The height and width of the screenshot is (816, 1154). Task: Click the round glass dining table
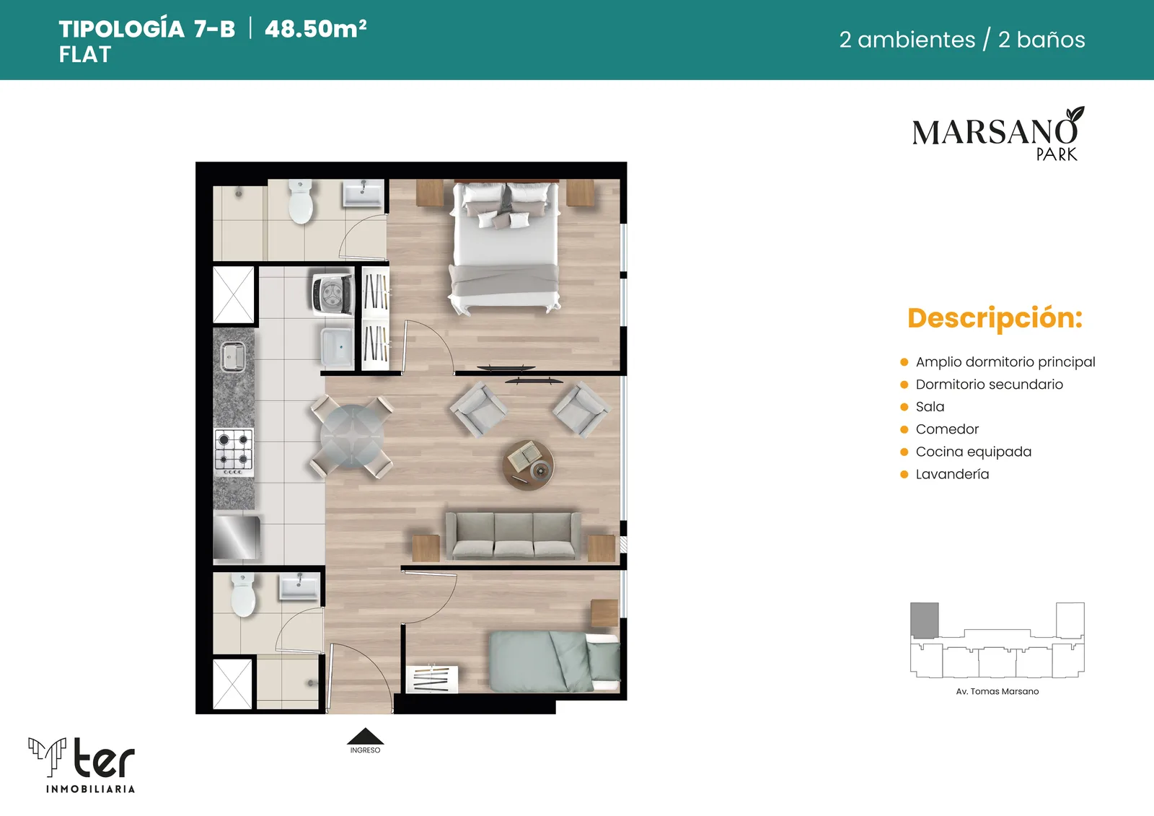[353, 436]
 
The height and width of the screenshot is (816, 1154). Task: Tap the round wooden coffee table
[528, 465]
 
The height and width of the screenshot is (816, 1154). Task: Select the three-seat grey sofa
[513, 536]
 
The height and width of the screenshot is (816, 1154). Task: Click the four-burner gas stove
[234, 452]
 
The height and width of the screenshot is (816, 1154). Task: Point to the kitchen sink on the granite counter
[234, 356]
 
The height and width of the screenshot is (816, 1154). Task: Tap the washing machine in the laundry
[332, 294]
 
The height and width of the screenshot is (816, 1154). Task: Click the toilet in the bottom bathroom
[243, 595]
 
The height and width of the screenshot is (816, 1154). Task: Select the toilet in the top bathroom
[301, 201]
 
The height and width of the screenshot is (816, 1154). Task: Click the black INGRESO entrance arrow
[365, 736]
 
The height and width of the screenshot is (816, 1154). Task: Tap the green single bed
[555, 662]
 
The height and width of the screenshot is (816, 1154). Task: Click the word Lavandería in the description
[952, 474]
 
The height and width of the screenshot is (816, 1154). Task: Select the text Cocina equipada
[973, 452]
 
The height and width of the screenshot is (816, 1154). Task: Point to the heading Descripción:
[995, 318]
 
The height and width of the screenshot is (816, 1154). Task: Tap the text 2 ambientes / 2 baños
[962, 40]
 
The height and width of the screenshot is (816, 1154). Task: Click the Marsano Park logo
[998, 133]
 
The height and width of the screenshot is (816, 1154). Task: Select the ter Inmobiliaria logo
[82, 765]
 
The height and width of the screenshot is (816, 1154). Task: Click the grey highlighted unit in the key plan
[924, 620]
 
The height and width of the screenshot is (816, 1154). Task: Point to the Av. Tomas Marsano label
[997, 692]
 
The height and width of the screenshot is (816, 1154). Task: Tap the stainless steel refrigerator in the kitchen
[237, 538]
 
